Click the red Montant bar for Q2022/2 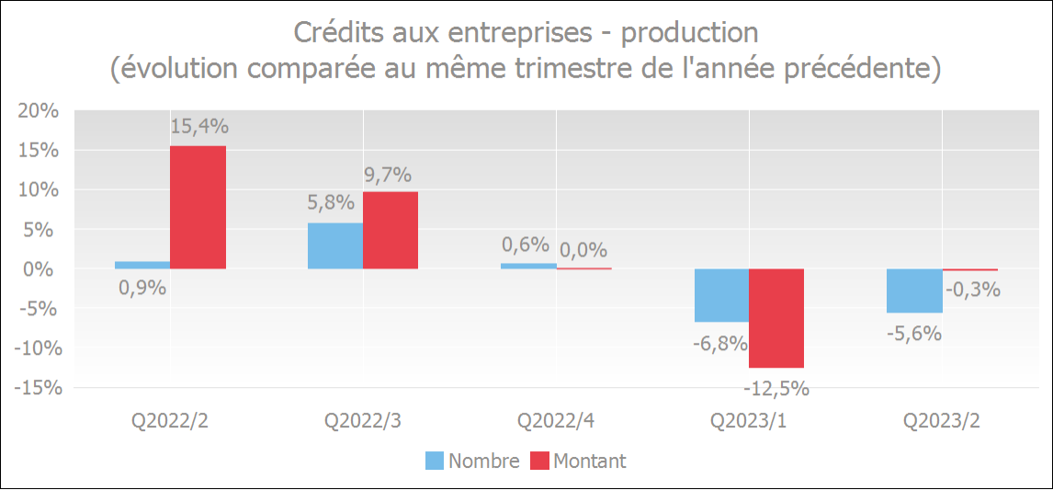198,207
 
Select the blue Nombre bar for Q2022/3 334,245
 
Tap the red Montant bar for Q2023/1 776,318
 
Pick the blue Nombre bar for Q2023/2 914,291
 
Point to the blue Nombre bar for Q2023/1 721,295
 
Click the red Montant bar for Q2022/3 391,230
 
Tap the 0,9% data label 142,288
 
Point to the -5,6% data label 914,334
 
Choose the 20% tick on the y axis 38,111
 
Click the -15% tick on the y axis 36,388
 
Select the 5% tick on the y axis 42,230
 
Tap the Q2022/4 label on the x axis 556,421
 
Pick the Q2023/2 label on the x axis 942,421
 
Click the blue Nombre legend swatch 435,461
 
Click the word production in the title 690,33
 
